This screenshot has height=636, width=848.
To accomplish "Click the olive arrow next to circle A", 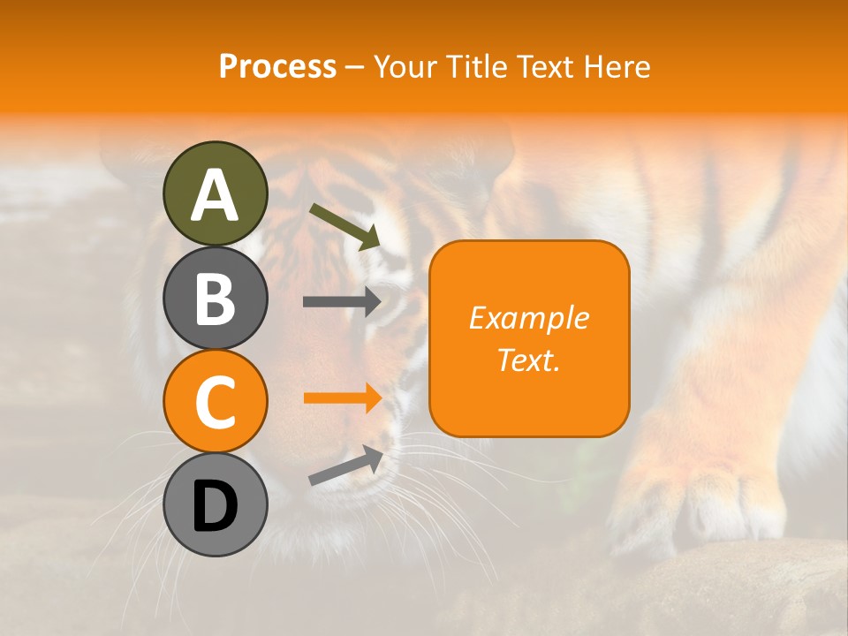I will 344,226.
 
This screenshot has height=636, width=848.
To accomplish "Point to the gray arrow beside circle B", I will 342,301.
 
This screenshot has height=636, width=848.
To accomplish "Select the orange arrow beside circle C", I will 342,397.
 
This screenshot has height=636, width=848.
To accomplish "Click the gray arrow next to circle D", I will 345,465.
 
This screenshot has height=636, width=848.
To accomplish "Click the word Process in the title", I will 277,66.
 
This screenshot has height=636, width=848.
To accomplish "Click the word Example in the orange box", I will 529,318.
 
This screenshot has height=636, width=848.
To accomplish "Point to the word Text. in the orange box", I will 529,360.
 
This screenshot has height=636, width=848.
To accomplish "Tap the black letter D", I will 215,506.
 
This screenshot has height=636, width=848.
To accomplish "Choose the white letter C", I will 215,402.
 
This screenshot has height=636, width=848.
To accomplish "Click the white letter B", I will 215,299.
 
